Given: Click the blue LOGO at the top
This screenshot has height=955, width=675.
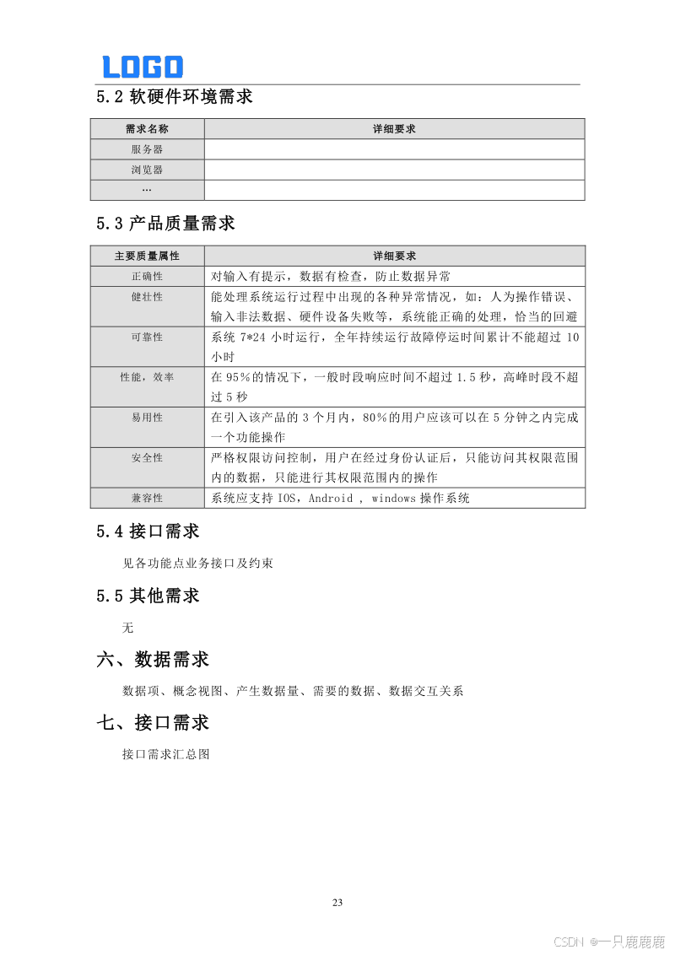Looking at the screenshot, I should point(143,67).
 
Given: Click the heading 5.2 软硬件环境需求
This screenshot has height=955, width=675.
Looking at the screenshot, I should point(175,97).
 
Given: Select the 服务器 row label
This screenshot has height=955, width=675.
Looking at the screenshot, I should point(147,149).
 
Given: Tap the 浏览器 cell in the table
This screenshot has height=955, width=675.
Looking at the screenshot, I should point(147,170).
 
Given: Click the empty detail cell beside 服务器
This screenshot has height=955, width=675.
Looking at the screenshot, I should point(394,149).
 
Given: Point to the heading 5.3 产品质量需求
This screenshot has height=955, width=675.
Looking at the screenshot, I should point(165,224).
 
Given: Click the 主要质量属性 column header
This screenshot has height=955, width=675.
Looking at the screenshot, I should point(147,256).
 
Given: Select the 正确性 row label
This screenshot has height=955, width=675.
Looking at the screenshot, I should point(147,276).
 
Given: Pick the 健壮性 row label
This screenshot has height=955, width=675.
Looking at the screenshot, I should point(147,297).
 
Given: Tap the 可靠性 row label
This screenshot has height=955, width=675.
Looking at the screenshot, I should point(147,337).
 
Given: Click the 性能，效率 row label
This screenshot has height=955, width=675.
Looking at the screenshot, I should point(147,377).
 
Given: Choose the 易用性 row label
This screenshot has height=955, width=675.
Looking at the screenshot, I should point(147,418).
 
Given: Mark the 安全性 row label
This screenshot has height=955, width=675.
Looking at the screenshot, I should point(147,457).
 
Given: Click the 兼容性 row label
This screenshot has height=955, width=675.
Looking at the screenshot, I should point(147,498).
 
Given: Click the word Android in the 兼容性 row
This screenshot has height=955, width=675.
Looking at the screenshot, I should point(331,499).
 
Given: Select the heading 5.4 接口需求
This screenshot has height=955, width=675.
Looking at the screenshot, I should point(148,531).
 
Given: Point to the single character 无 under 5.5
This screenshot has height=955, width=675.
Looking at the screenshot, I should point(128,628).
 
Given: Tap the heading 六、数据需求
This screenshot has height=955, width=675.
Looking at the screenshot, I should point(153,659).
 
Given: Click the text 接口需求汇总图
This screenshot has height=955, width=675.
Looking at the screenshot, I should point(166,754).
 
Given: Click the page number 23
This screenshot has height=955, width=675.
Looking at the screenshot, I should point(337,903).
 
